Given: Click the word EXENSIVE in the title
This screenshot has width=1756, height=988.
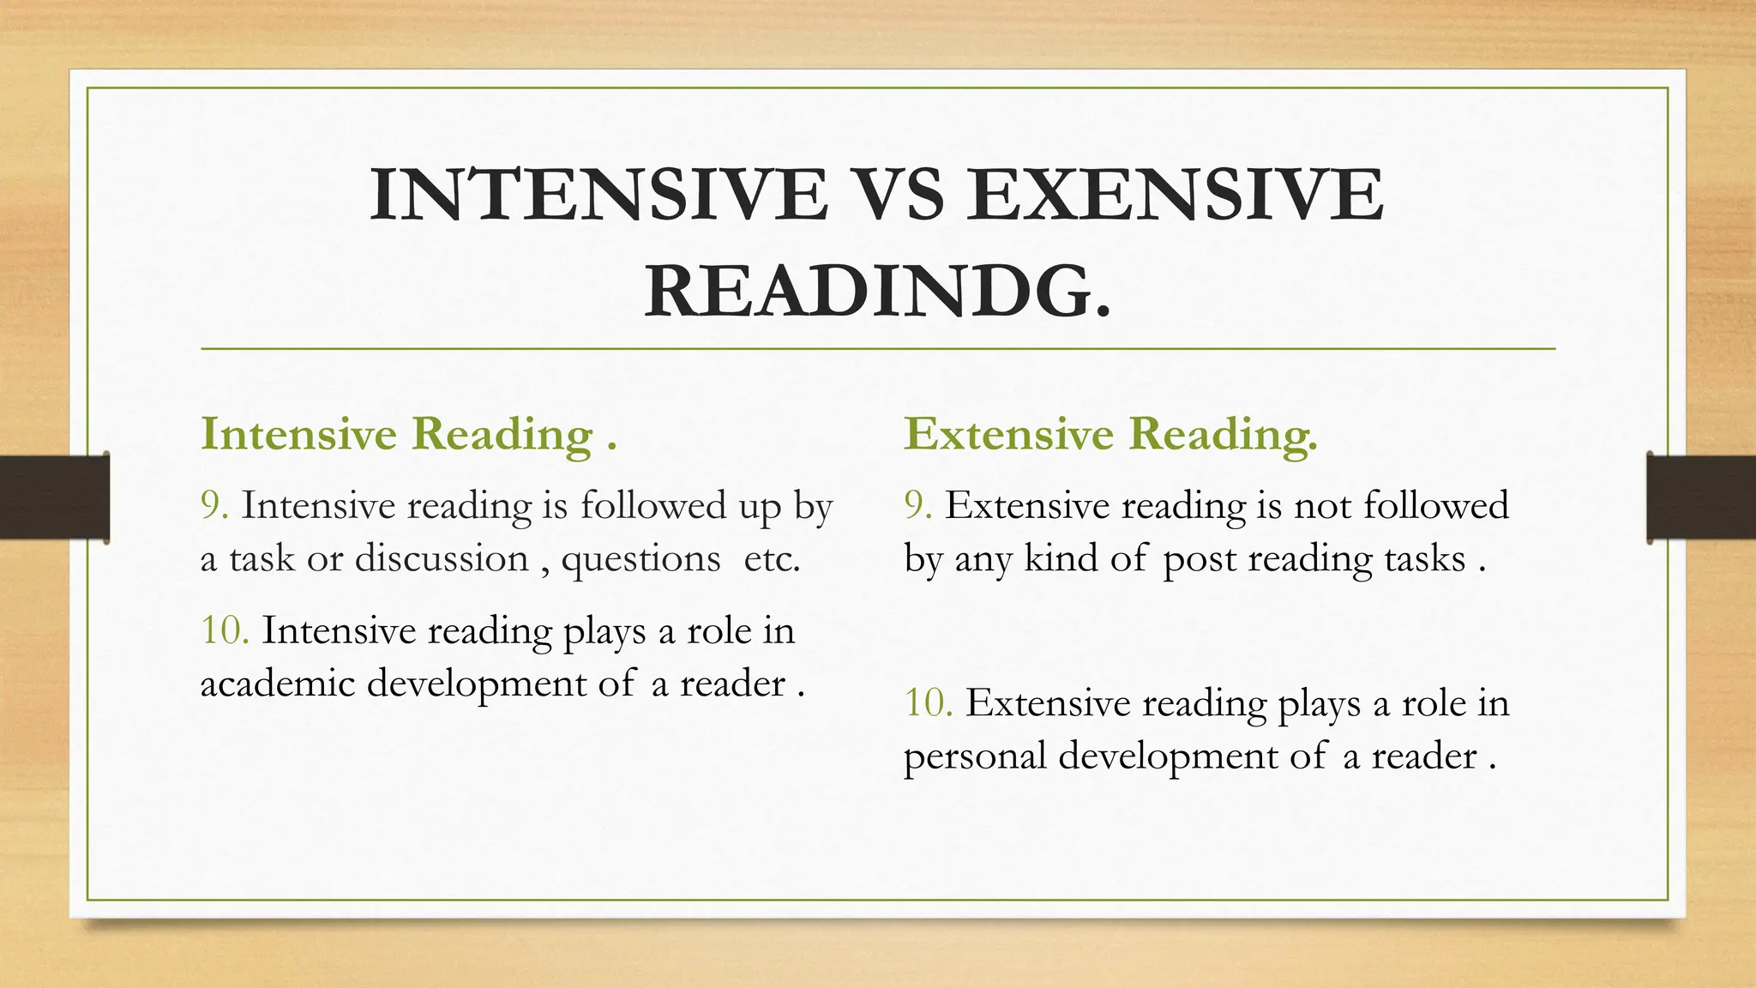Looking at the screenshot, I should click(x=1176, y=195).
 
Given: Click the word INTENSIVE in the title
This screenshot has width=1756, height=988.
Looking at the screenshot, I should click(x=598, y=195).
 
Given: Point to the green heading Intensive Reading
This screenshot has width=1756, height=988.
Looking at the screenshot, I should click(x=408, y=434).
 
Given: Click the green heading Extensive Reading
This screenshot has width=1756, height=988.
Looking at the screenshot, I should click(x=1110, y=434).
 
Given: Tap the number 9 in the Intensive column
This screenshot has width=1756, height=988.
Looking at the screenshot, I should click(x=213, y=505).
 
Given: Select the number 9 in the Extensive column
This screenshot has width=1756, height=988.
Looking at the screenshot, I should click(x=917, y=505).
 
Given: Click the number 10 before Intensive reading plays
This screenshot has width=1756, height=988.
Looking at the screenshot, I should click(x=224, y=630).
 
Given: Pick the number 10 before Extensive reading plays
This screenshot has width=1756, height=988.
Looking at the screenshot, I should click(x=928, y=703).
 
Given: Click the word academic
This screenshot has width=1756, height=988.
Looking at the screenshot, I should click(x=277, y=684).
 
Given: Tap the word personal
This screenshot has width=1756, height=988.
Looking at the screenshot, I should click(x=975, y=756).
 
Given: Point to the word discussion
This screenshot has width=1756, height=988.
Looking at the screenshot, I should click(x=442, y=559).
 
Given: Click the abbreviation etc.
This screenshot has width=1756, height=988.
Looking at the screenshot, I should click(x=772, y=559).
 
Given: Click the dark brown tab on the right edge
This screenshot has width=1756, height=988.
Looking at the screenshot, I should click(x=1701, y=497).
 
